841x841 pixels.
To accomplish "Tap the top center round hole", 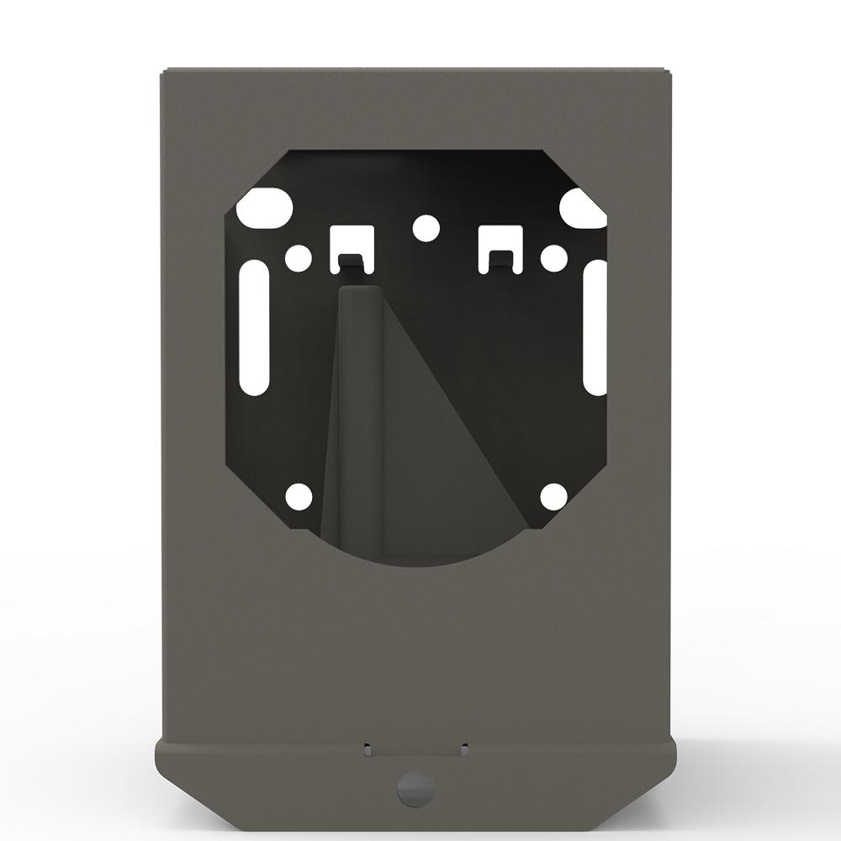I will [x=426, y=226].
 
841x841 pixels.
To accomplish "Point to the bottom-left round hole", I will [x=299, y=496].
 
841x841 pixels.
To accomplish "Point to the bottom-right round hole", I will [x=553, y=496].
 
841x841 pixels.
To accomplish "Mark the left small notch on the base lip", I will [x=367, y=745].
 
